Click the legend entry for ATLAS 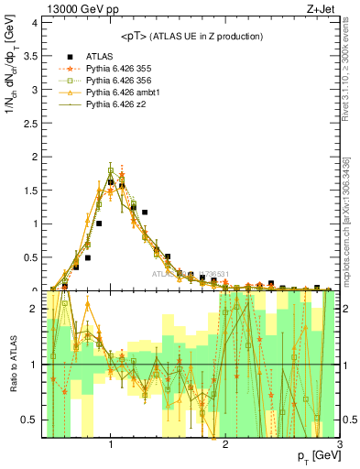point(100,56)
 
